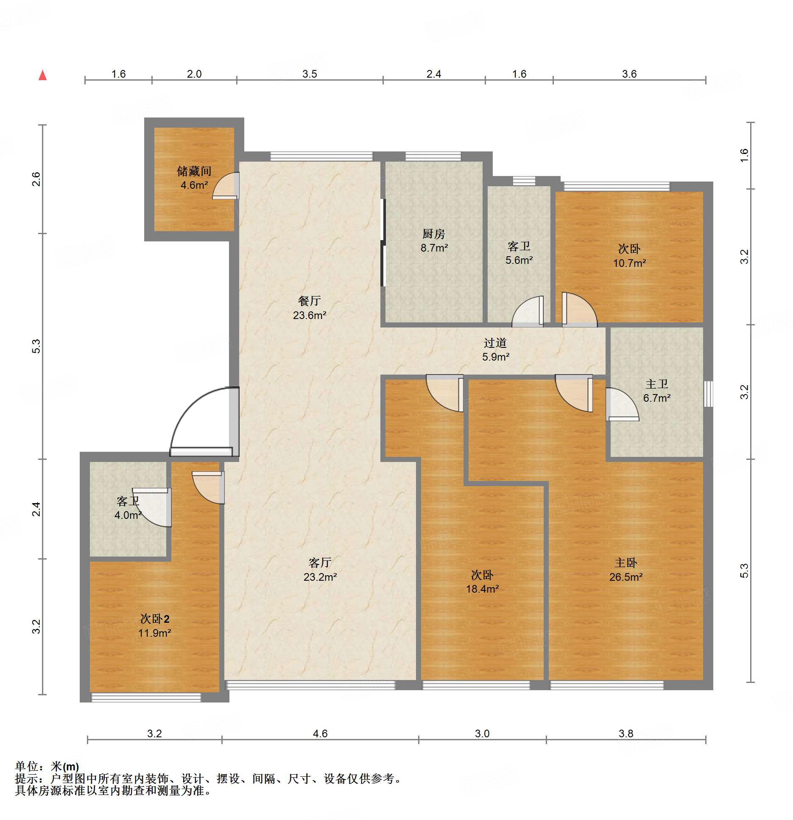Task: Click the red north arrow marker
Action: [x=42, y=75]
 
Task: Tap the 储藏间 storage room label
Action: [x=194, y=171]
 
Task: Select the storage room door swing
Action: [x=226, y=185]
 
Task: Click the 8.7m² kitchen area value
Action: [x=434, y=248]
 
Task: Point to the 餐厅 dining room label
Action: [x=310, y=301]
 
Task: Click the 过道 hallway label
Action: [x=495, y=343]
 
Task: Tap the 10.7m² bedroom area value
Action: [x=629, y=263]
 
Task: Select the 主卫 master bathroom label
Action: [x=657, y=384]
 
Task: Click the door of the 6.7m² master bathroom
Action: [x=622, y=404]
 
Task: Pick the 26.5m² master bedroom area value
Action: [x=626, y=577]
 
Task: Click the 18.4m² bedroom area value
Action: [x=482, y=589]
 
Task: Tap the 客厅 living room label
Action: [x=320, y=563]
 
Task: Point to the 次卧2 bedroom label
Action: [x=155, y=618]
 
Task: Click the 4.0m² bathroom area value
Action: [x=128, y=515]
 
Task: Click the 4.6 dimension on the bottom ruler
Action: [x=320, y=733]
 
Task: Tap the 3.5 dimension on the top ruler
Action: [x=310, y=74]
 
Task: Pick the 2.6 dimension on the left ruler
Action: [x=36, y=179]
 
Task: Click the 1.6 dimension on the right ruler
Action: [x=744, y=155]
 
